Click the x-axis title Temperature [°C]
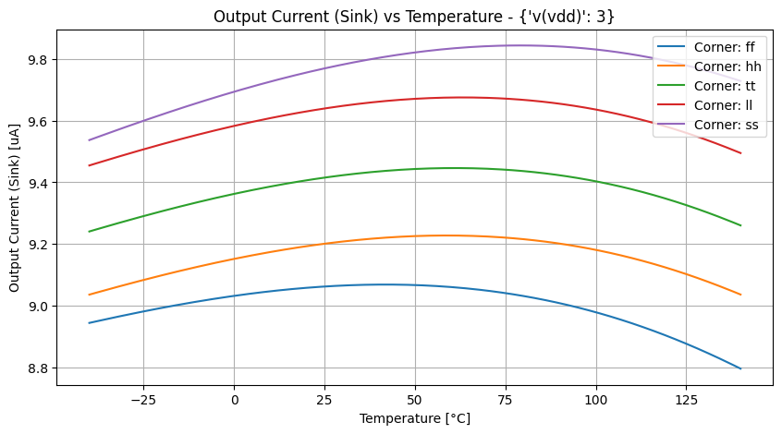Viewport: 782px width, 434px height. pyautogui.click(x=414, y=418)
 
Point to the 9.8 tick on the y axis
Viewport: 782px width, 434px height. pyautogui.click(x=39, y=60)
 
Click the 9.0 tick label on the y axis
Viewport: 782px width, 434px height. pyautogui.click(x=39, y=307)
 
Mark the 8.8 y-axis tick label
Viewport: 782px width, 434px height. pyautogui.click(x=39, y=368)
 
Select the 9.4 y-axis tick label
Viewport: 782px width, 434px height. pyautogui.click(x=39, y=183)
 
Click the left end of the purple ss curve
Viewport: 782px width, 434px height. pyautogui.click(x=89, y=140)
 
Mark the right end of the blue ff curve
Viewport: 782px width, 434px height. pyautogui.click(x=741, y=368)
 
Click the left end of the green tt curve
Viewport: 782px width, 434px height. pyautogui.click(x=89, y=232)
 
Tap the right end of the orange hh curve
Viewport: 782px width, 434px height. pyautogui.click(x=741, y=295)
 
